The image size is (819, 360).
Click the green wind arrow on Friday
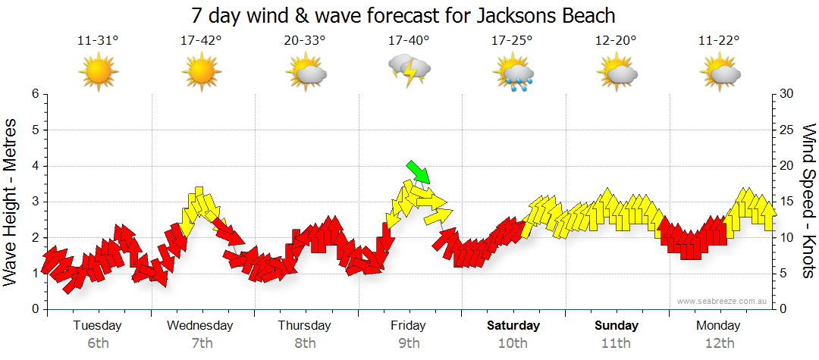tap(419, 172)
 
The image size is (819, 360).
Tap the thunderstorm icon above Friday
tap(409, 71)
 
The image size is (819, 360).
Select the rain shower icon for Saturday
tap(513, 73)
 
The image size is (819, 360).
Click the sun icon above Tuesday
tap(98, 72)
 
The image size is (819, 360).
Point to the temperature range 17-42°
tap(201, 40)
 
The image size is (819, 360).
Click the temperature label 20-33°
tap(305, 40)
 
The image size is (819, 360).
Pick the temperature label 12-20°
tap(616, 40)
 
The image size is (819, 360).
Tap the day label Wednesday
tap(200, 326)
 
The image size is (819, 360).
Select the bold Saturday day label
tap(513, 326)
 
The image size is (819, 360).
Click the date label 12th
tap(719, 343)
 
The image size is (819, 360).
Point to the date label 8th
tap(305, 343)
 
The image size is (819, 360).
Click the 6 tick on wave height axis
tap(35, 94)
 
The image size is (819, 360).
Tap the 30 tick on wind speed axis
tap(788, 94)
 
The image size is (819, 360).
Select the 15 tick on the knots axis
tap(788, 202)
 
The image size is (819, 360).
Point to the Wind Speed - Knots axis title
tap(808, 202)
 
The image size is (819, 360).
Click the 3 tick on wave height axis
tap(35, 202)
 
